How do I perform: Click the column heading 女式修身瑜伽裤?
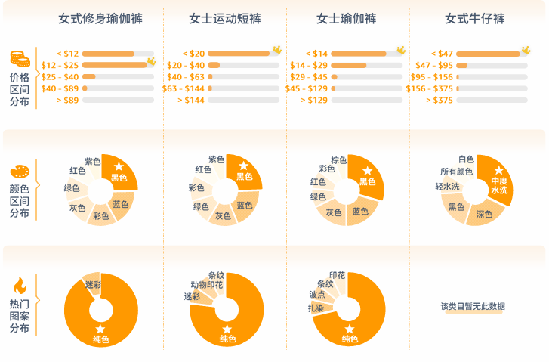coord(100,18)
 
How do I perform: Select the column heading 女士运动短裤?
coord(225,18)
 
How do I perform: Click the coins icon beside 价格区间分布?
coord(20,59)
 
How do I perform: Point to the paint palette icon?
coord(20,172)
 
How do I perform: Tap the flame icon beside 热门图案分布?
coord(20,286)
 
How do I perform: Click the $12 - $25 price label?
coord(60,66)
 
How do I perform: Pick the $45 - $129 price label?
coord(307,88)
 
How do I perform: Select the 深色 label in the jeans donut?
coord(484,215)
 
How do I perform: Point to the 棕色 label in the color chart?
coord(338,160)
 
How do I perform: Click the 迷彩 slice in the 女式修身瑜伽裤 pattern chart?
coord(93,284)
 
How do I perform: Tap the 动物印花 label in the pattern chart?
coord(206,285)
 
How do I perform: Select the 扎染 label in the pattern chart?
coord(316,308)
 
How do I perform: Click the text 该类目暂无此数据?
coord(473,306)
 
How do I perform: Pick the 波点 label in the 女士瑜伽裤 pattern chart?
coord(317,295)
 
